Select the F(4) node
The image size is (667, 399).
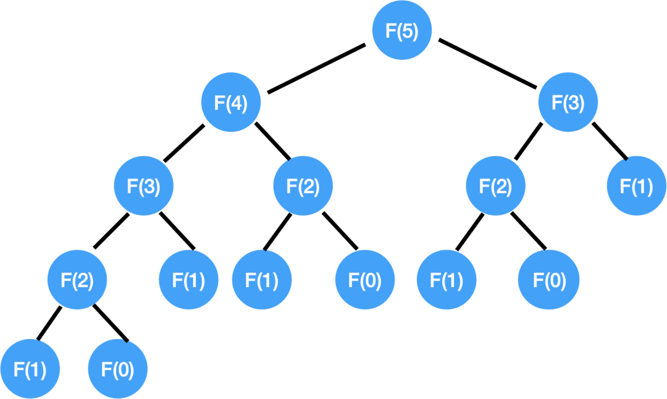coord(231,103)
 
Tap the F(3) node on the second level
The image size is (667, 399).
coord(568,103)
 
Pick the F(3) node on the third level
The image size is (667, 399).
coord(144,186)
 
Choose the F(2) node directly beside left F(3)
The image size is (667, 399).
coord(303,186)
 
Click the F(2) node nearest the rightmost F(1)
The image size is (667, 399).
coord(495,186)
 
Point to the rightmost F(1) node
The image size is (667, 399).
coord(637,186)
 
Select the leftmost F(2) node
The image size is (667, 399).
coord(77,280)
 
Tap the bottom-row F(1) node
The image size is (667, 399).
coord(30,369)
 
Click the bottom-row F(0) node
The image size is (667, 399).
coord(118,369)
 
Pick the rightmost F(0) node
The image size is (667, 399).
coord(549,280)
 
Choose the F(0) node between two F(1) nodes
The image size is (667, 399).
coord(365,280)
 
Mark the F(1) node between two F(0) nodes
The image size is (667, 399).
coord(447,280)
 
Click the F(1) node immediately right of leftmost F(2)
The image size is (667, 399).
coord(188,280)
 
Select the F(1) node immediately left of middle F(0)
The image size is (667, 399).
coord(262,280)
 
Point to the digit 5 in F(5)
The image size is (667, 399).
coord(407,31)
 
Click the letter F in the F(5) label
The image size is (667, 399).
coord(390,31)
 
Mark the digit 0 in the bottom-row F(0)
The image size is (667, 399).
coord(123,370)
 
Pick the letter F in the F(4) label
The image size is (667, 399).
coord(219,103)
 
